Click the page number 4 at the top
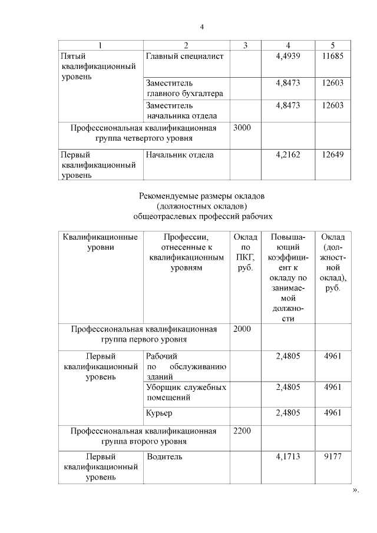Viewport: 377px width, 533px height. coord(201,27)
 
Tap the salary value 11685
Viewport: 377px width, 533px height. coord(332,57)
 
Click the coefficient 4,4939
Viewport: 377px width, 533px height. coord(287,57)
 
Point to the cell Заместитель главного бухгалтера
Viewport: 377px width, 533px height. coord(184,88)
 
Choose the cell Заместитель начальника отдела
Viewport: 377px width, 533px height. coord(181,111)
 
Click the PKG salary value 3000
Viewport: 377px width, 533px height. coord(242,128)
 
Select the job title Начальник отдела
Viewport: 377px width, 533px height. coord(180,155)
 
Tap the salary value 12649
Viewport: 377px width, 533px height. coord(332,155)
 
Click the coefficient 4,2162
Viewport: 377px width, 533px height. coord(287,155)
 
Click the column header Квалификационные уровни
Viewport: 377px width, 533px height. coord(100,242)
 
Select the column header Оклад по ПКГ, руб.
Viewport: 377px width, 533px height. coord(244,252)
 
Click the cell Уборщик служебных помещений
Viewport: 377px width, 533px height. coord(186,392)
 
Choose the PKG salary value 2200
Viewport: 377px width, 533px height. coord(242,431)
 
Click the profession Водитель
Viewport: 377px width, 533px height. coord(164,456)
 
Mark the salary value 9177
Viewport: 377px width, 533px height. coord(332,456)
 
